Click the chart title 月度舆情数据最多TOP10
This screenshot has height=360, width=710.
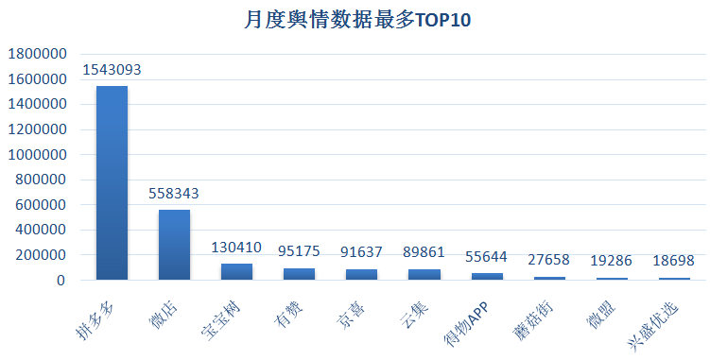[355, 20]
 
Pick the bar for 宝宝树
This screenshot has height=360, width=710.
[236, 271]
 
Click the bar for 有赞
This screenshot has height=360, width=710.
[299, 274]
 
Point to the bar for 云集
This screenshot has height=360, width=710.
[424, 274]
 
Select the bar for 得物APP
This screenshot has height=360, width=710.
[487, 276]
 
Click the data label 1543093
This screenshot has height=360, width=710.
[112, 70]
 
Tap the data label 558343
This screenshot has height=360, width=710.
[174, 194]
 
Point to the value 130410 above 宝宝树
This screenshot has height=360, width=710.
[236, 249]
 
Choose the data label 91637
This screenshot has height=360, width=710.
[361, 253]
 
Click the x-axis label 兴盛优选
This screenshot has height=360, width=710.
[658, 317]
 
